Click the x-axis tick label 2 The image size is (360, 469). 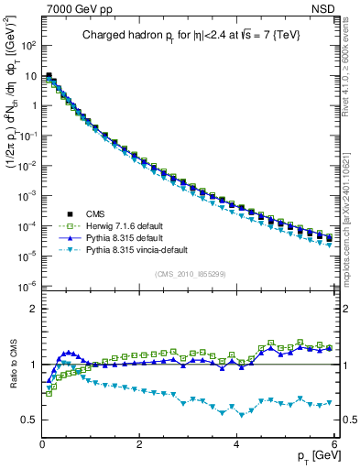(139, 442)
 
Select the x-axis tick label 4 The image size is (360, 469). (237, 442)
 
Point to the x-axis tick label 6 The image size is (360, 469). (334, 442)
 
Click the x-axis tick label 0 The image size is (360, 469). (42, 442)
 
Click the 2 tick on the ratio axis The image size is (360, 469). (33, 309)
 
